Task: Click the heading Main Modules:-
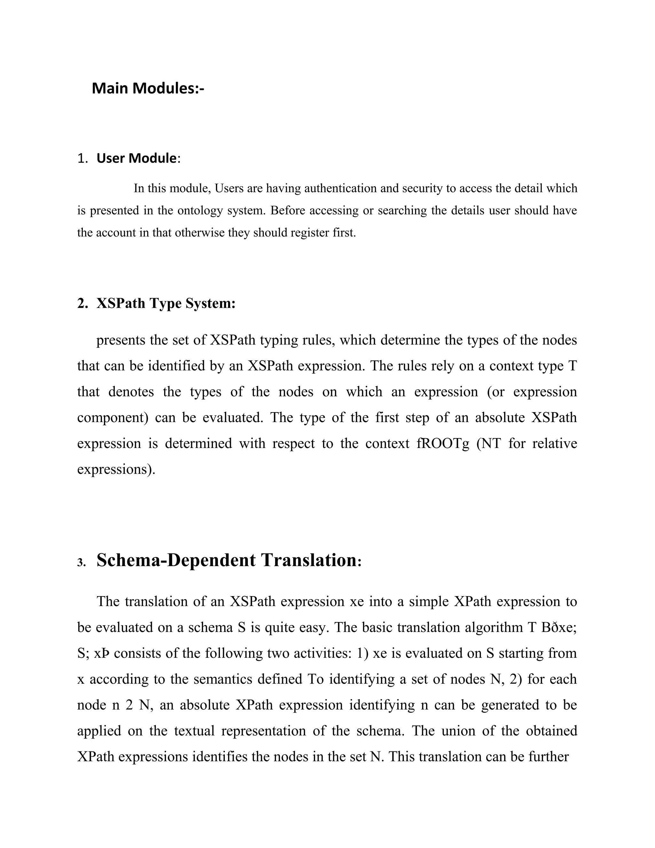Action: pyautogui.click(x=148, y=89)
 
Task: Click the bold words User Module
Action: pyautogui.click(x=136, y=158)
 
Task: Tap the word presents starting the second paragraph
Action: pyautogui.click(x=120, y=340)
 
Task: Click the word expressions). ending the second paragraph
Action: pyautogui.click(x=116, y=469)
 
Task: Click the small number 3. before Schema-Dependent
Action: pyautogui.click(x=82, y=563)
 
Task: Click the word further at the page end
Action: pyautogui.click(x=548, y=757)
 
